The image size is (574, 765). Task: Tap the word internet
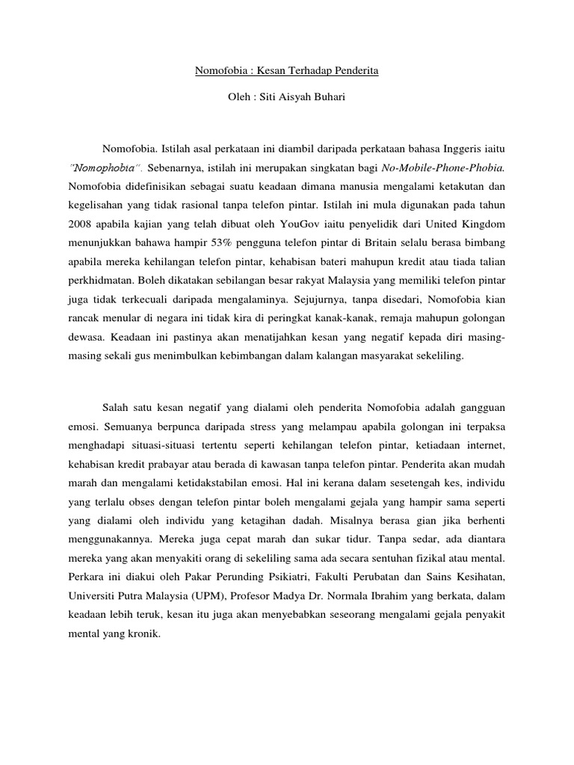[487, 445]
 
